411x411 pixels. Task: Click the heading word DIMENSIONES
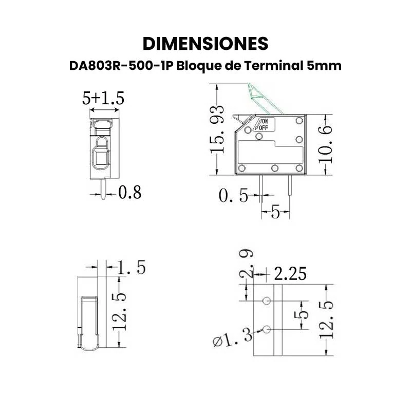[206, 44]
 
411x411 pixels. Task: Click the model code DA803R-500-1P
[121, 66]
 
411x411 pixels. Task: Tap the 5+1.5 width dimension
[103, 98]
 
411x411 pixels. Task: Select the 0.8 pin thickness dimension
[130, 192]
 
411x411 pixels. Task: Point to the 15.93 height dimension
[217, 129]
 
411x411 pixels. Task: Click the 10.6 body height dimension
[325, 144]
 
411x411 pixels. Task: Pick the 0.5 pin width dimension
[233, 195]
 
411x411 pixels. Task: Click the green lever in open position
[265, 99]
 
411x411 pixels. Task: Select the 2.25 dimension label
[290, 274]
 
